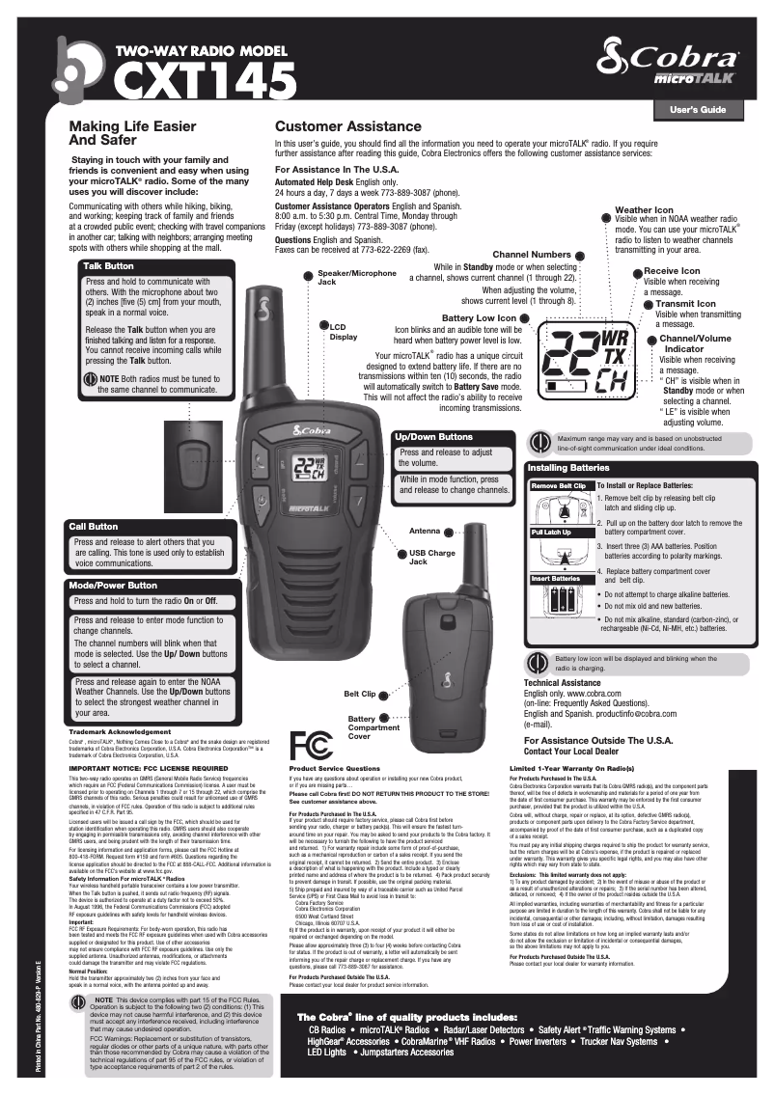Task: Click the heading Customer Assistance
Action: [x=348, y=127]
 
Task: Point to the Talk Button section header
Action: [x=109, y=265]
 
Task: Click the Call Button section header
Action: [x=93, y=527]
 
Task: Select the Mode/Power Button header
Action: [x=113, y=586]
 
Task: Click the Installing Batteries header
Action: [x=571, y=468]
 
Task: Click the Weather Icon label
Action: [x=644, y=209]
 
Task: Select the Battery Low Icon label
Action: [x=479, y=318]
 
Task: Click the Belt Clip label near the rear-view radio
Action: [x=359, y=694]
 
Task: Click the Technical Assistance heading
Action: [x=574, y=682]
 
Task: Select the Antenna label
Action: [x=425, y=532]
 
